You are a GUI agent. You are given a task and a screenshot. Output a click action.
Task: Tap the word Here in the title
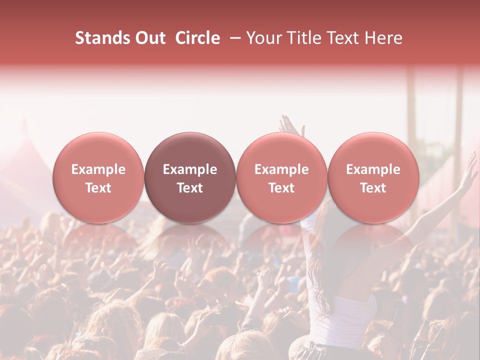[384, 38]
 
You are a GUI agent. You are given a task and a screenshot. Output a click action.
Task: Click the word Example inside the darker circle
[190, 169]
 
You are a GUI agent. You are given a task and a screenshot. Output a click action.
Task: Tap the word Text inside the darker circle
[190, 188]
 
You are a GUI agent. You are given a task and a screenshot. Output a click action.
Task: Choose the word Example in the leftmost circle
[98, 169]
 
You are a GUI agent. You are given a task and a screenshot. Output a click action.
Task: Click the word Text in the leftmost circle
[98, 188]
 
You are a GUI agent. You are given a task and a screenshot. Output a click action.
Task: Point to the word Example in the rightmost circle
[373, 169]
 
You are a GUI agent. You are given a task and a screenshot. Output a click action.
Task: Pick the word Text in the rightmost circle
[373, 188]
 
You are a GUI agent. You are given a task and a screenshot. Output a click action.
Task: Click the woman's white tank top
[352, 315]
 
